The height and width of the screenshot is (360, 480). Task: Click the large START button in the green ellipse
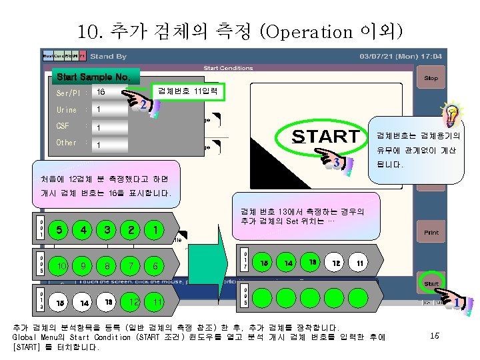pos(325,136)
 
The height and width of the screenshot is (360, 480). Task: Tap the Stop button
pos(431,78)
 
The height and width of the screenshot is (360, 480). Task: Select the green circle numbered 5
pos(59,230)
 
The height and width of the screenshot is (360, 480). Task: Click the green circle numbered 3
pos(107,230)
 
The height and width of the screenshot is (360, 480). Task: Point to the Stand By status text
pos(108,57)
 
